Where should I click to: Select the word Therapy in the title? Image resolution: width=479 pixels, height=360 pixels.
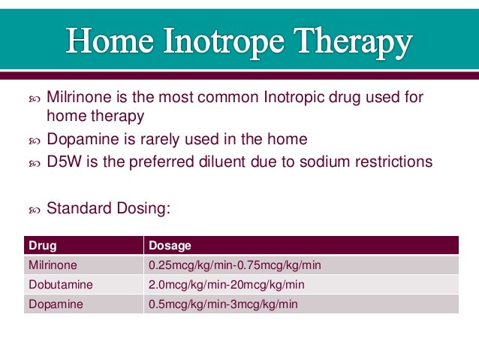[x=354, y=44]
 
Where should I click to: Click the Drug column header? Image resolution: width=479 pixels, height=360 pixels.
[x=43, y=246]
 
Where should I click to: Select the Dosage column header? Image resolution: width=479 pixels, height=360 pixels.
[x=170, y=246]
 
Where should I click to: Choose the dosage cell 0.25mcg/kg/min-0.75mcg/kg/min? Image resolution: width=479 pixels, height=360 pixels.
[x=235, y=265]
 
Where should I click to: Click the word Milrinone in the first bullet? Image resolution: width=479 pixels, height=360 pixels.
[x=77, y=98]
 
